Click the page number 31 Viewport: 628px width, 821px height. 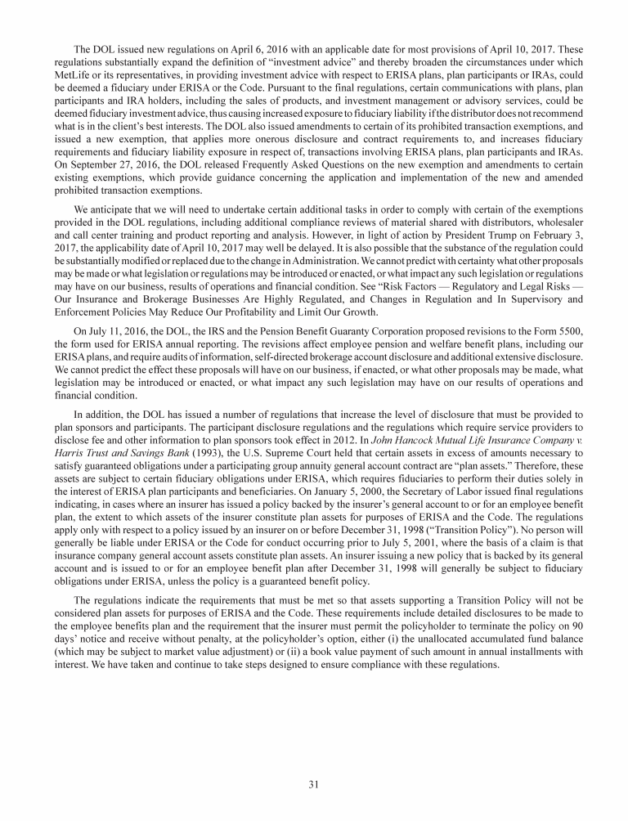coord(313,784)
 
